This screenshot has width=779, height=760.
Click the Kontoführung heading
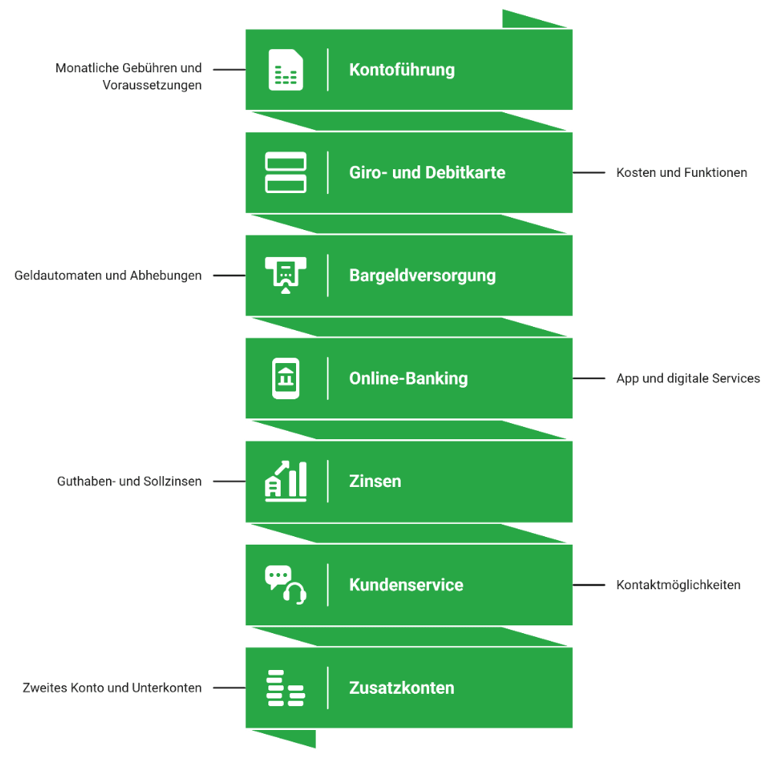tap(402, 70)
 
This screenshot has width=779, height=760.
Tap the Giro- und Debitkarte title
tap(428, 172)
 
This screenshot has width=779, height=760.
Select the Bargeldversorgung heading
tap(422, 276)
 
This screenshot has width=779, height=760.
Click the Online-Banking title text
tap(408, 378)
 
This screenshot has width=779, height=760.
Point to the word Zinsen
tap(375, 481)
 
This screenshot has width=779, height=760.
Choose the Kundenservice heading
tap(406, 585)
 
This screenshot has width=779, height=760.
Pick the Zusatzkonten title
tap(401, 688)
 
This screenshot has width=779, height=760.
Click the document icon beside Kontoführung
tap(285, 69)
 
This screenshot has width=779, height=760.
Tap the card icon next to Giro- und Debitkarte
tap(285, 172)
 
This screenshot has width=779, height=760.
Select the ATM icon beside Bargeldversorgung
tap(285, 275)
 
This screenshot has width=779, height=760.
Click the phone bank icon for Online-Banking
tap(285, 378)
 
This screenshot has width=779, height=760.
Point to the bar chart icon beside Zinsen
tap(285, 481)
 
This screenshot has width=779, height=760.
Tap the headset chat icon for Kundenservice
tap(285, 585)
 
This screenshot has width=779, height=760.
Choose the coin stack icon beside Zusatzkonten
tap(285, 688)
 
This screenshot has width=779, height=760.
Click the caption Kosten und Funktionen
tap(681, 172)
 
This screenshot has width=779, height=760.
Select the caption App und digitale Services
tap(688, 378)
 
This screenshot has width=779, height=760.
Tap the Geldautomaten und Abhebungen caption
tap(108, 275)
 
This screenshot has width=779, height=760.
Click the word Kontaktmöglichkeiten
tap(678, 585)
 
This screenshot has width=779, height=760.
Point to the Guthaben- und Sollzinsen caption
tap(129, 481)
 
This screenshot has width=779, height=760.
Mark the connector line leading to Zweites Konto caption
tap(229, 688)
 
